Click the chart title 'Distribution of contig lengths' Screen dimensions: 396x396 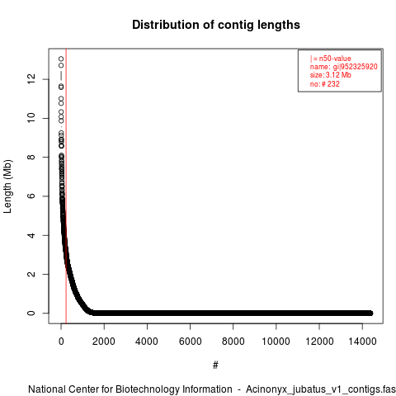click(216, 25)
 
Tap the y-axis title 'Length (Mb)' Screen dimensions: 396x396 click(8, 186)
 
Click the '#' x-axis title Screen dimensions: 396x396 click(215, 365)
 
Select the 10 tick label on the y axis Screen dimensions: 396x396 click(31, 118)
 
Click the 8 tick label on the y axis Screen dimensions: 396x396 click(31, 157)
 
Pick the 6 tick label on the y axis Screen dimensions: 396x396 click(31, 196)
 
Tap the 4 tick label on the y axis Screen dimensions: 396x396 click(31, 235)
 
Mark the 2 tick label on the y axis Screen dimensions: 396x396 click(31, 274)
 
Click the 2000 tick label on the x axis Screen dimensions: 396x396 click(104, 342)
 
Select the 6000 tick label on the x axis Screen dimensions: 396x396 click(190, 342)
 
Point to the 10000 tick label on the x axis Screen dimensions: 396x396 click(276, 342)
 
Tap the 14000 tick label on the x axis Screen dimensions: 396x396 click(362, 342)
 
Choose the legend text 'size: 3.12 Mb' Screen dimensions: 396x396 click(331, 75)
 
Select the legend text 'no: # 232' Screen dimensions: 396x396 click(325, 83)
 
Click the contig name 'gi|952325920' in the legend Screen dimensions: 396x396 click(356, 67)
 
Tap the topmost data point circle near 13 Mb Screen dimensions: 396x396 click(61, 59)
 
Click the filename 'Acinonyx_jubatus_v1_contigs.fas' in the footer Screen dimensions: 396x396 click(321, 389)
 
